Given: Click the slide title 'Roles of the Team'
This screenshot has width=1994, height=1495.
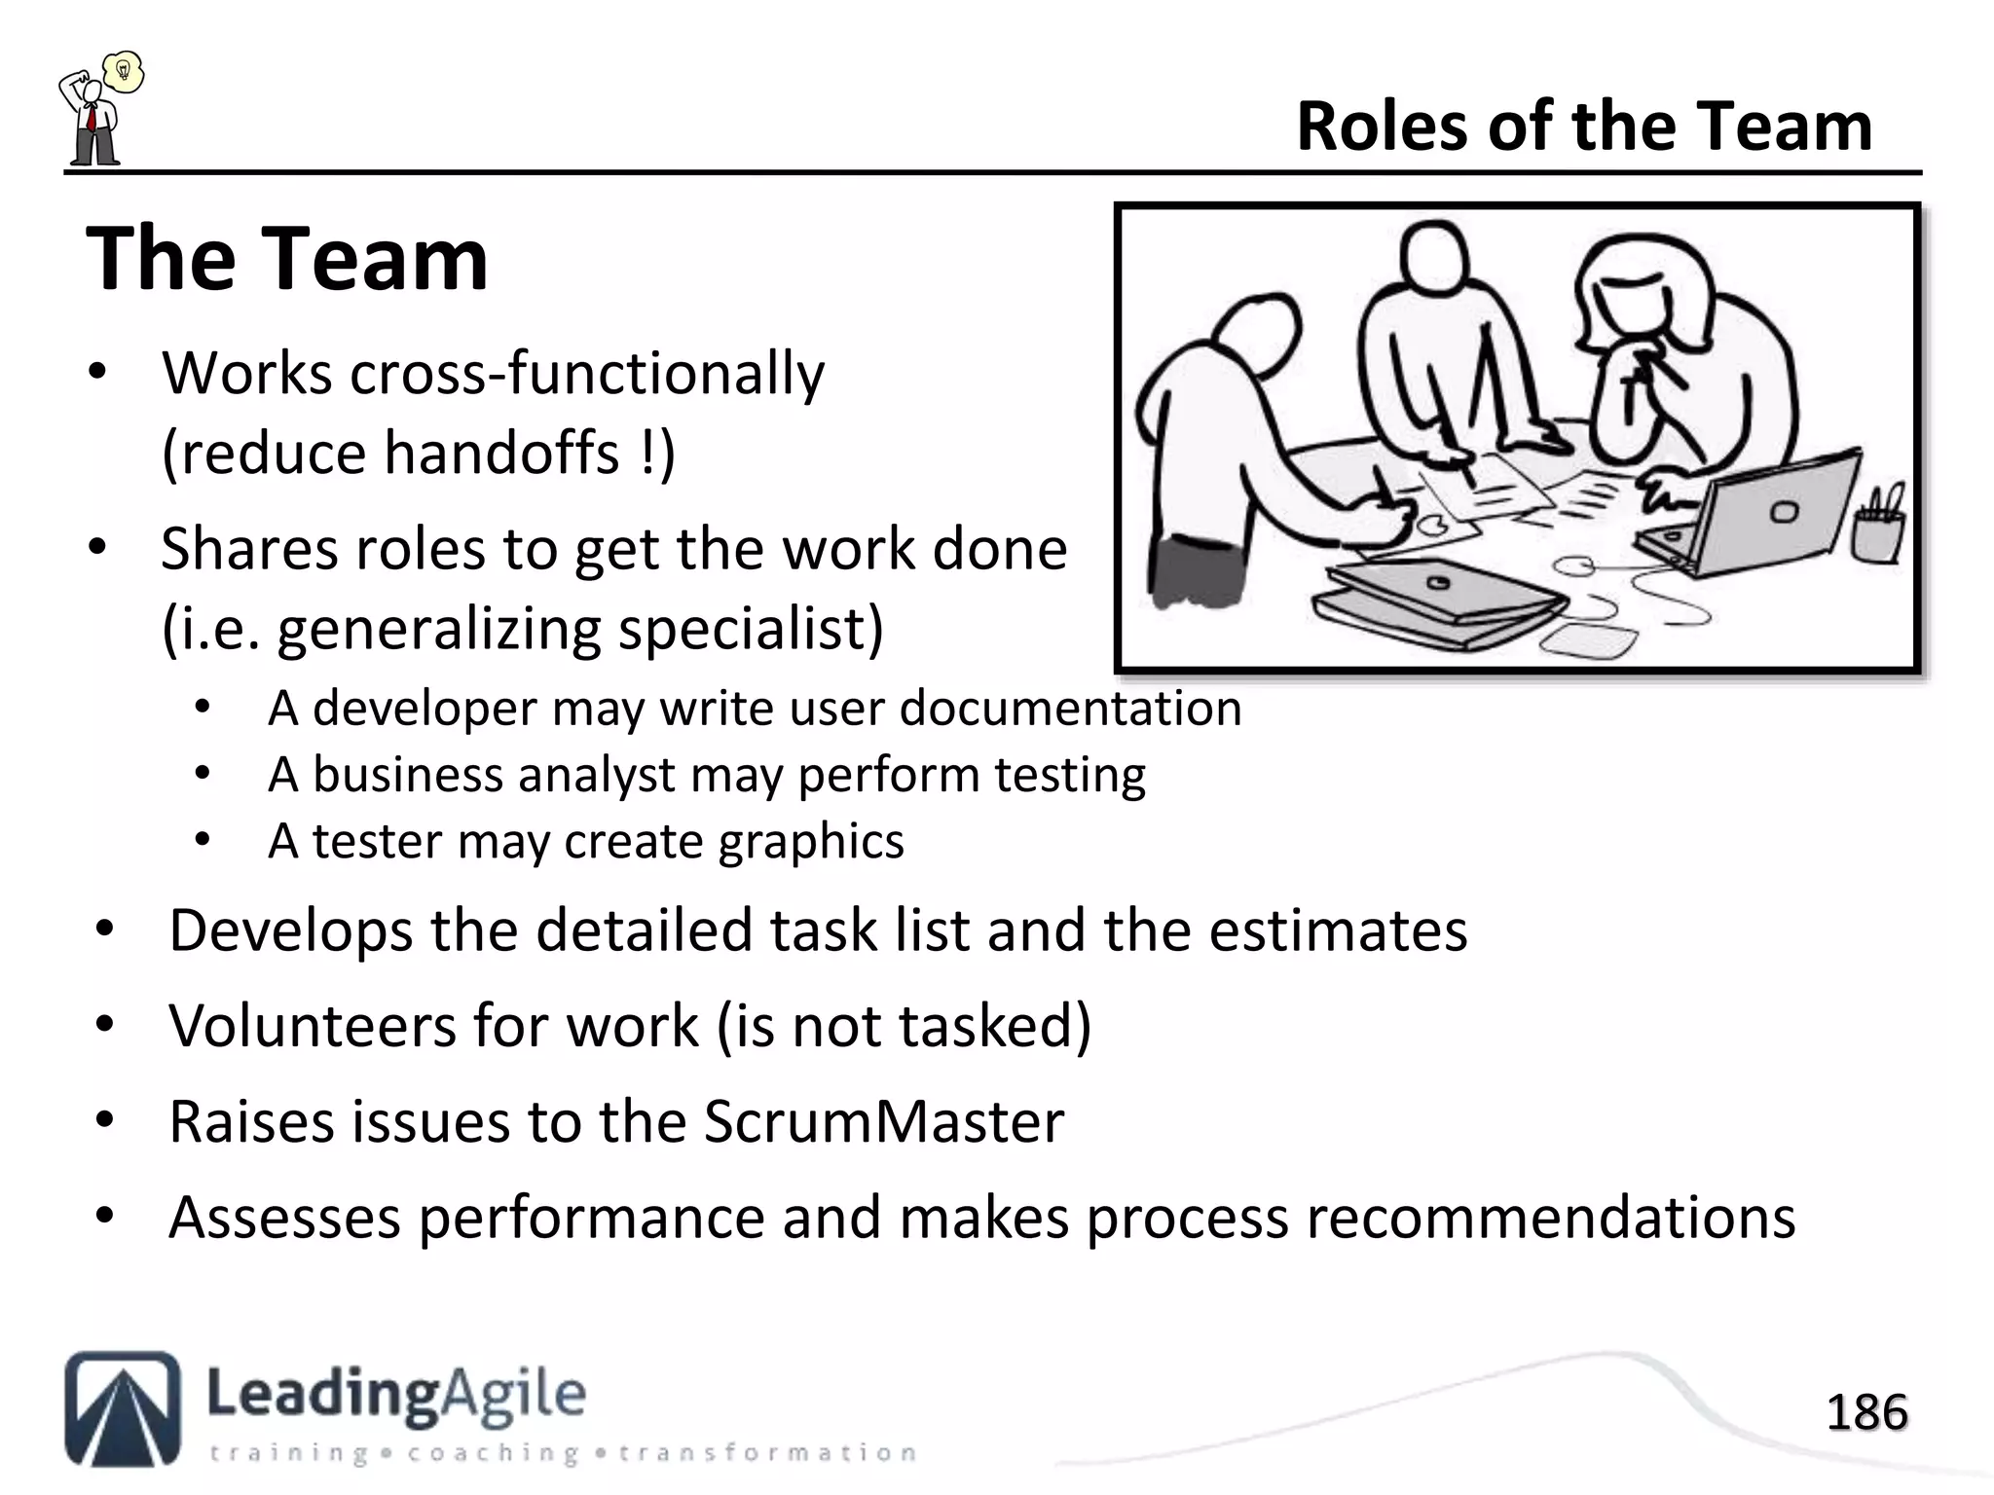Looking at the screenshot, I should coord(1584,128).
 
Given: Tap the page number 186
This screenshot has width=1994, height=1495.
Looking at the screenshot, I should coord(1866,1412).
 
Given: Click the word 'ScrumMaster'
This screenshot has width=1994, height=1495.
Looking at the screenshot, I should coord(883,1122).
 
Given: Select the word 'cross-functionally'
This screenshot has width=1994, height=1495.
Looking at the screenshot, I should coord(587,373).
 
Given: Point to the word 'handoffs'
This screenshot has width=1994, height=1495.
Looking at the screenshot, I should coord(501,454).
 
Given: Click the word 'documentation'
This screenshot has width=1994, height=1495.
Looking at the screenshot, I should coord(1070,708).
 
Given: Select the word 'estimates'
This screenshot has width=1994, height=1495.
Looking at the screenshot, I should coord(1338,930).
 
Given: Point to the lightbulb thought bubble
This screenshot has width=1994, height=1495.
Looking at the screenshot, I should coord(124,71).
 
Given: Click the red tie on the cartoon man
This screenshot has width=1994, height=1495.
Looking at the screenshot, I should coord(90,118).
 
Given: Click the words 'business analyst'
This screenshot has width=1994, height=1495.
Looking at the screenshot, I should coord(494,776).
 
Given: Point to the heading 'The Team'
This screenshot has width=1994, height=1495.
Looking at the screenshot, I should coord(287,260).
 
